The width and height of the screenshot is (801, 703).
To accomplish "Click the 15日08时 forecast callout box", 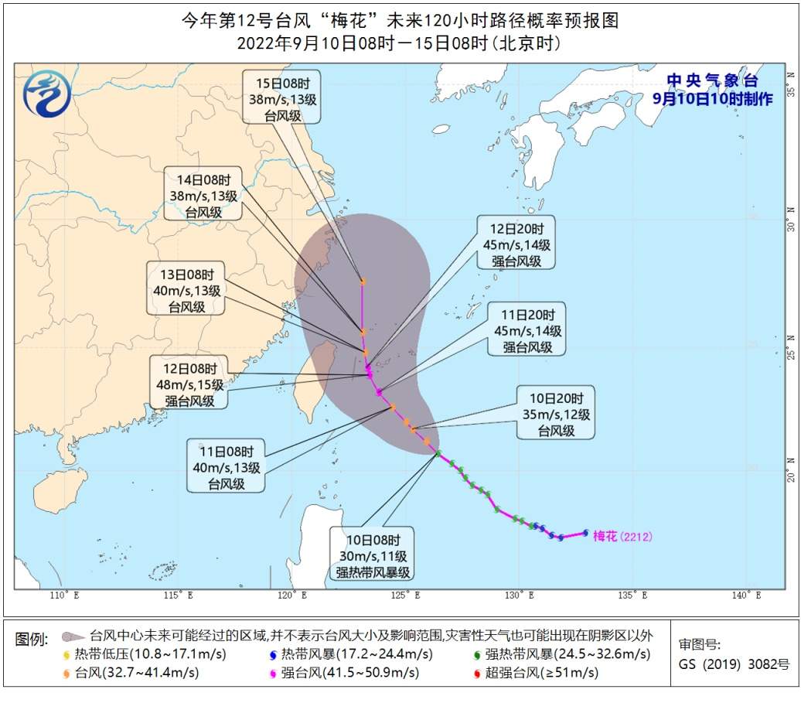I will coord(281,97).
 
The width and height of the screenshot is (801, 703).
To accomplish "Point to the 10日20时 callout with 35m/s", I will coord(556,413).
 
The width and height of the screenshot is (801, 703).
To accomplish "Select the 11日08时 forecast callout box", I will coord(226,466).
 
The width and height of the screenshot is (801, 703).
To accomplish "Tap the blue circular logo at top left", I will coord(47,93).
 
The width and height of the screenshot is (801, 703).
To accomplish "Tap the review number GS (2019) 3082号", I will coord(734,664).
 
